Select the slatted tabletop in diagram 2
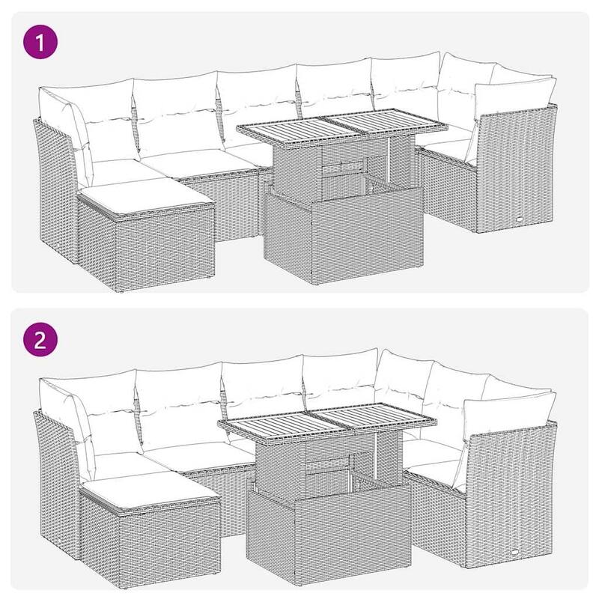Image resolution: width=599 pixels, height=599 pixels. pyautogui.click(x=325, y=427)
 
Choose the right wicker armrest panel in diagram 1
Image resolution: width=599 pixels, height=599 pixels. pyautogui.click(x=517, y=172)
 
